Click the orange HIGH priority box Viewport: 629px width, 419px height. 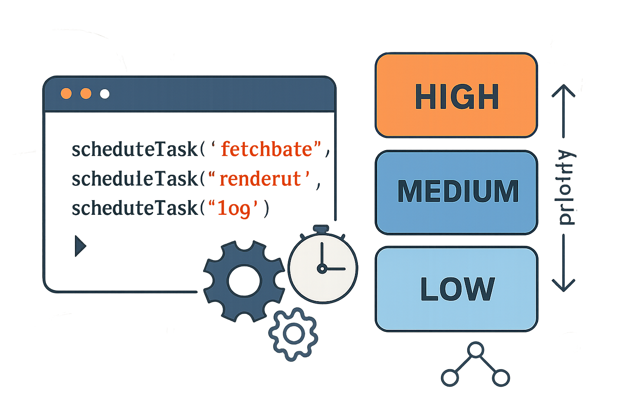456,95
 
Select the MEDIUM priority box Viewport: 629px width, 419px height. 456,192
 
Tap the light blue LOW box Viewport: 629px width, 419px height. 456,288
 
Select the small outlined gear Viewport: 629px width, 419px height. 293,334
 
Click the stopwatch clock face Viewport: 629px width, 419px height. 323,268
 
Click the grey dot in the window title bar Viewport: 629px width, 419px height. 105,94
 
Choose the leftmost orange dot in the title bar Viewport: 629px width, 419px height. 66,94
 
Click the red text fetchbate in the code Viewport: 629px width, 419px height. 267,149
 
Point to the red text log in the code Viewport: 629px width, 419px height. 234,208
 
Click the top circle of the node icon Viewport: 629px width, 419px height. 475,351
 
